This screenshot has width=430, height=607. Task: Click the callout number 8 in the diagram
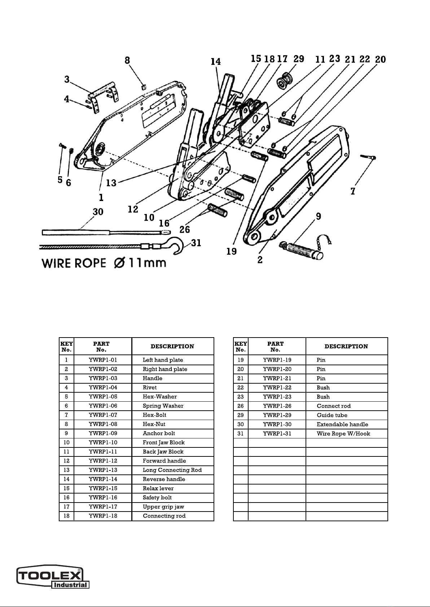[x=127, y=60]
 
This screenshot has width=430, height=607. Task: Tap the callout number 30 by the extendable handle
[x=98, y=212]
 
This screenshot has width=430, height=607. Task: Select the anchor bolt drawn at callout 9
[x=301, y=250]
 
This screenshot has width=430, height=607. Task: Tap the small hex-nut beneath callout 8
[x=143, y=86]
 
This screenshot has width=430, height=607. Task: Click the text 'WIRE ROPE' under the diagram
[x=74, y=263]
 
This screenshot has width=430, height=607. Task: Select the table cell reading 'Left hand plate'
[x=163, y=360]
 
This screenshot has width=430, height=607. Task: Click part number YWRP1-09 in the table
[x=103, y=433]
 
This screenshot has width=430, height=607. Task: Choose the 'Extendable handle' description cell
[x=342, y=424]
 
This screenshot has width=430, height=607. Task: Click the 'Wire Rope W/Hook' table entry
[x=343, y=434]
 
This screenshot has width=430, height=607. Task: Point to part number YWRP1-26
[x=277, y=406]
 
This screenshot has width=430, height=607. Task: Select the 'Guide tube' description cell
[x=332, y=415]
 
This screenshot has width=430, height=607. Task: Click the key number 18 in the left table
[x=66, y=516]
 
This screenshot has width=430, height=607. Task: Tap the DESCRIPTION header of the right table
[x=346, y=347]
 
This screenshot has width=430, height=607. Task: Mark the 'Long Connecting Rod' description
[x=172, y=470]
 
